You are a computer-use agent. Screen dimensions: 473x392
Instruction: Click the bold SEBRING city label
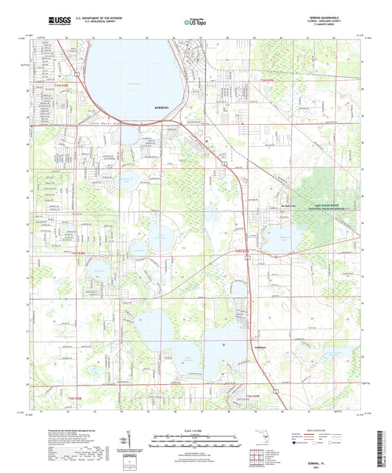pos(162,107)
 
